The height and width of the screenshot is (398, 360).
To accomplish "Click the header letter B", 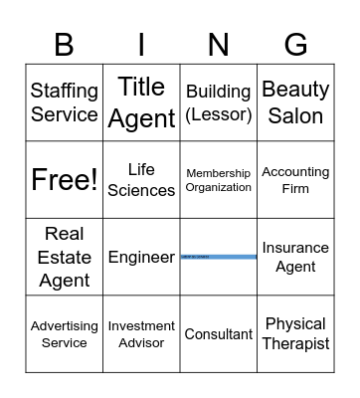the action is coord(65,45).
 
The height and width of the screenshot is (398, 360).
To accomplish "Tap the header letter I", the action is coord(141,45).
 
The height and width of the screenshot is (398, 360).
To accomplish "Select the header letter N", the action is coord(219,45).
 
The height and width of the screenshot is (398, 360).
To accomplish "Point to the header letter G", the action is coord(295,45).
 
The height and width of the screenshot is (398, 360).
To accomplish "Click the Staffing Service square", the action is coord(65,102).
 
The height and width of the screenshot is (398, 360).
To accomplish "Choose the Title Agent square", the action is coord(141,102).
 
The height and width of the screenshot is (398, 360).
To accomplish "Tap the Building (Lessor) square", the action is coord(219,102).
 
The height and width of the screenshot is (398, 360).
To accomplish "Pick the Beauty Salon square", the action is coord(295,102).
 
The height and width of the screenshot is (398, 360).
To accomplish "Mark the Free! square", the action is coord(65,180).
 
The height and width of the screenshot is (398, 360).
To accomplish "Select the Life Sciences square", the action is coord(141,180).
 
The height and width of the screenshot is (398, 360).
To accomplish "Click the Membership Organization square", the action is coord(219,180).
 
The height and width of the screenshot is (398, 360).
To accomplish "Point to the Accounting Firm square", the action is coord(295,180).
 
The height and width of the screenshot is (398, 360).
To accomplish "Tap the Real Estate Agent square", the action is coord(65,257).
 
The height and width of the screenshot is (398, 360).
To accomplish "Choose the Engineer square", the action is coord(141,257).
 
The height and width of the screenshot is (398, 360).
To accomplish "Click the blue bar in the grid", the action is coord(219,257).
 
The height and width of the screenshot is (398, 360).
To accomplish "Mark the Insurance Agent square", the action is coord(295,257).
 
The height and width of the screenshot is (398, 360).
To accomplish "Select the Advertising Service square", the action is coord(65,334).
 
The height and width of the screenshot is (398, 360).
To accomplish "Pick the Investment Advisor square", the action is coord(141,334).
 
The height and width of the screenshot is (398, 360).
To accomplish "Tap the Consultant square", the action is coord(219,334).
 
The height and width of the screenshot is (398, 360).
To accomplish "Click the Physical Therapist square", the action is coord(295,334).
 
